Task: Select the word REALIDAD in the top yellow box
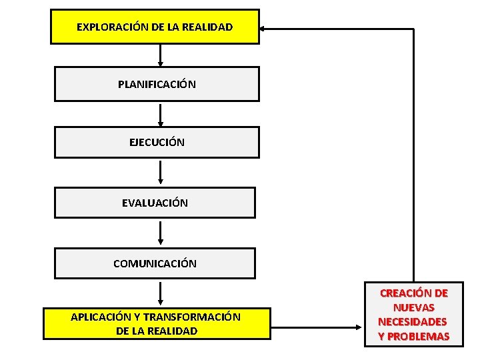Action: point(206,27)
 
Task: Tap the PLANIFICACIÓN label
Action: point(157,85)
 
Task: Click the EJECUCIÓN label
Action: point(157,142)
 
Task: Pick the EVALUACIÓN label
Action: point(155,203)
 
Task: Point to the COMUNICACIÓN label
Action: point(155,263)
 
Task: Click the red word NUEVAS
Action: point(413,307)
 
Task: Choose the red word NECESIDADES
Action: point(413,321)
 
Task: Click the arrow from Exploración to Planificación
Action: point(160,55)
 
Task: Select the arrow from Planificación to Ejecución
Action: point(160,114)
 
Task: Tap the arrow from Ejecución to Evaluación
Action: point(160,173)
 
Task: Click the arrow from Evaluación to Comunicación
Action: point(160,233)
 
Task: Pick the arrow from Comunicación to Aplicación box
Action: point(160,293)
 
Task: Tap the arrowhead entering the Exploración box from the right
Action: point(264,29)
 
